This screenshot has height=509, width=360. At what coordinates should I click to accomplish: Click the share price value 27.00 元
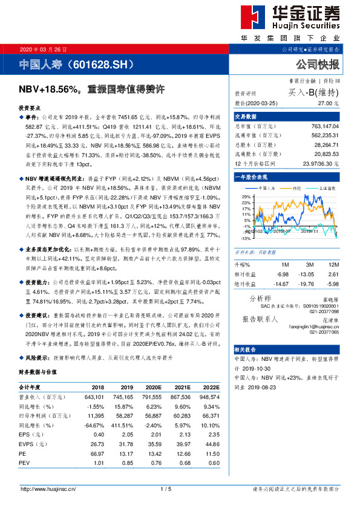click(x=328, y=103)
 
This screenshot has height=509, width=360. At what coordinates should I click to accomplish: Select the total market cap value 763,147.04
click(x=322, y=126)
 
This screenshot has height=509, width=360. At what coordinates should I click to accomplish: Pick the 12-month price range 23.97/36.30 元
click(x=320, y=163)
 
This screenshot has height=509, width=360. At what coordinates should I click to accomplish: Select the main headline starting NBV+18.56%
click(x=92, y=89)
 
